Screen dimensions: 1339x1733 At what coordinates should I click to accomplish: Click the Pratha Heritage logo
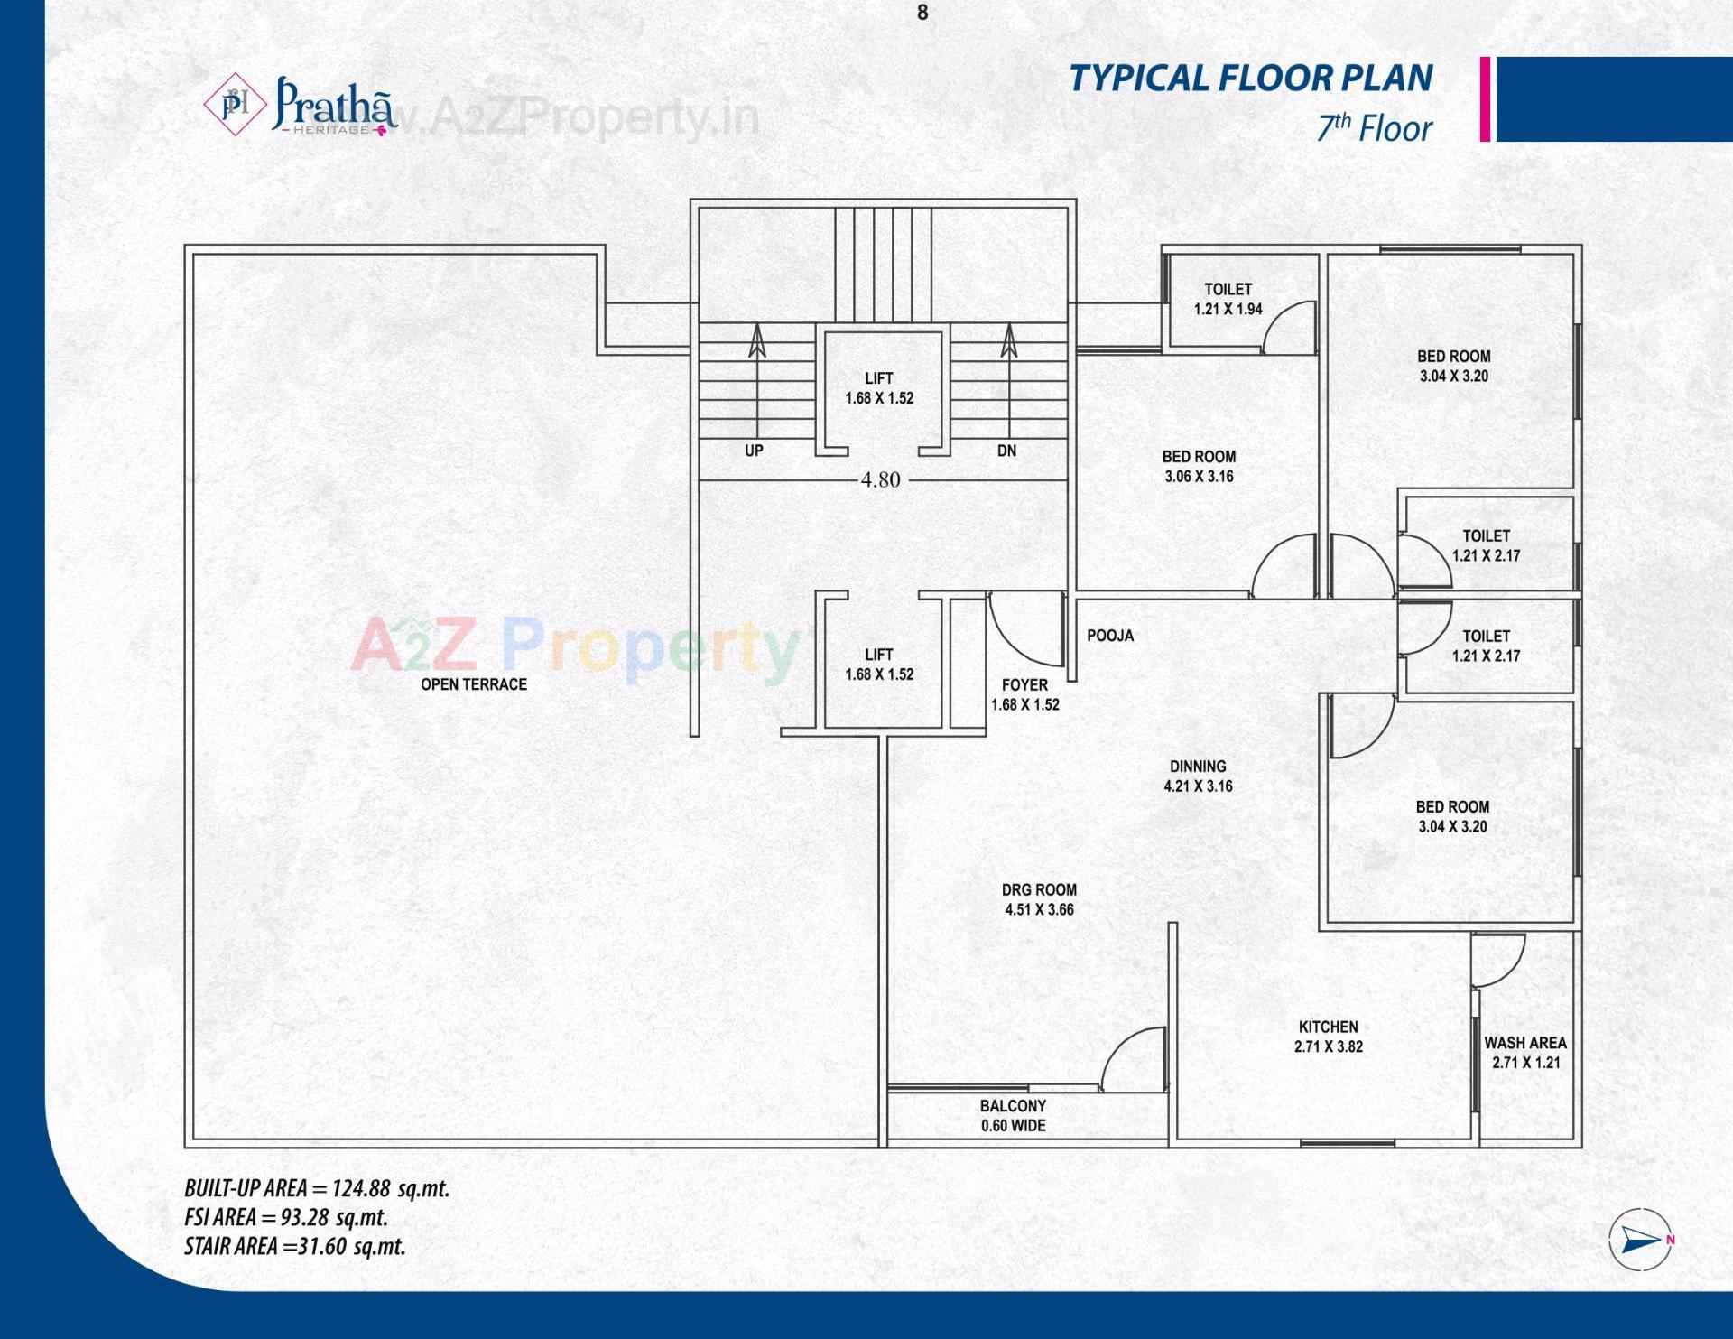click(x=301, y=107)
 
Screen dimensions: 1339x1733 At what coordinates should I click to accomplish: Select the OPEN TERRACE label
click(x=474, y=684)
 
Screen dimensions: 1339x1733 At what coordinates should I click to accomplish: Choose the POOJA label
click(x=1110, y=636)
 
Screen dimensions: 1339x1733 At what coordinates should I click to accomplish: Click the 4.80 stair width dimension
click(x=880, y=480)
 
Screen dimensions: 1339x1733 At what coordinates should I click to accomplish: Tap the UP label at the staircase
click(x=754, y=451)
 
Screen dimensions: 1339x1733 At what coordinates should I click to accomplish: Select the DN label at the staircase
click(x=1006, y=451)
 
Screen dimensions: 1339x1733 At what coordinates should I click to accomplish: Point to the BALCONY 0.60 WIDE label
click(x=1014, y=1115)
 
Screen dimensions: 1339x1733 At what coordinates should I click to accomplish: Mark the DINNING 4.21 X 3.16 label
click(x=1198, y=776)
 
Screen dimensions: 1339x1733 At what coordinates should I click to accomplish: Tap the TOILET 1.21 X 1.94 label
click(x=1228, y=299)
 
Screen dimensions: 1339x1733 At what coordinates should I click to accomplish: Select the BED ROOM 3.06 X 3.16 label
click(x=1199, y=466)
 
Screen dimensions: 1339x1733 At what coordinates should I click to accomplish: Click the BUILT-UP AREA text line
click(x=317, y=1188)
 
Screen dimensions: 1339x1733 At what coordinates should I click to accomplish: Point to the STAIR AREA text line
click(x=295, y=1246)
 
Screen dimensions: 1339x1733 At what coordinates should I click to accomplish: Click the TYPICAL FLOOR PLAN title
click(x=1251, y=78)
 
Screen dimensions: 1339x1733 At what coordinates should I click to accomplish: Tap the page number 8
click(x=922, y=13)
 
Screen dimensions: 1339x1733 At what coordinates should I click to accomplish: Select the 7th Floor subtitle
click(x=1374, y=128)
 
